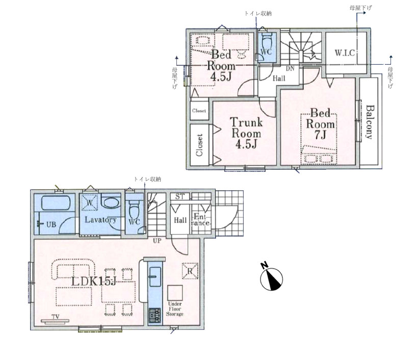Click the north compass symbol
(x=271, y=279)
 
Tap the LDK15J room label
(x=94, y=281)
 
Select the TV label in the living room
(x=56, y=316)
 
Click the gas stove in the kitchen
(x=154, y=315)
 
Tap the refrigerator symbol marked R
(x=190, y=271)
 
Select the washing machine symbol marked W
(x=90, y=202)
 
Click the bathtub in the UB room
(x=56, y=203)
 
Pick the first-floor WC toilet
(x=134, y=210)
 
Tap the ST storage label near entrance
(x=180, y=197)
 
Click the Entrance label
(x=200, y=220)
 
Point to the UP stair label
(x=157, y=241)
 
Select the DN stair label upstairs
(x=290, y=69)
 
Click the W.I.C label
(x=345, y=53)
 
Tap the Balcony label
(x=370, y=122)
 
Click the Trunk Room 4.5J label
(x=246, y=133)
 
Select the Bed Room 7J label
(x=321, y=124)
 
